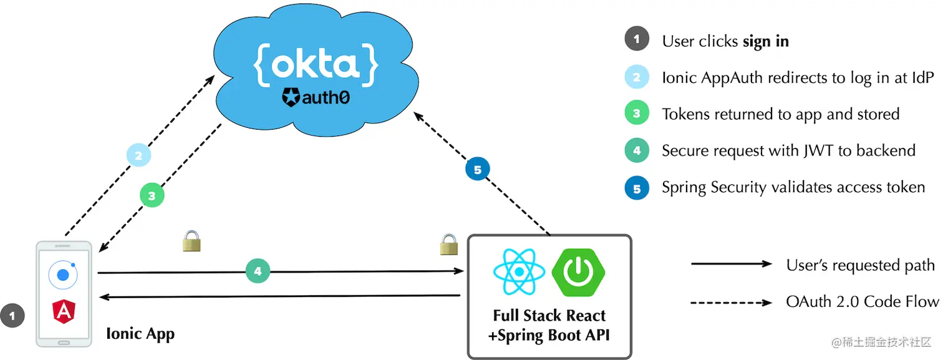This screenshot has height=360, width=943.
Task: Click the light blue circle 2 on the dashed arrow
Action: click(x=138, y=155)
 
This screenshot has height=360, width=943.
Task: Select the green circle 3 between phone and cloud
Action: click(x=152, y=195)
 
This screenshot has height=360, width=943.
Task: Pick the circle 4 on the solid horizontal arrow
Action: click(x=258, y=271)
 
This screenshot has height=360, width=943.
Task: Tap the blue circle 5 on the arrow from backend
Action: click(x=478, y=169)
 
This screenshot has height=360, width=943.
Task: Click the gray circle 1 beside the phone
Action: click(x=12, y=315)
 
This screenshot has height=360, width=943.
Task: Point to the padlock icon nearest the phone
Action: click(x=191, y=241)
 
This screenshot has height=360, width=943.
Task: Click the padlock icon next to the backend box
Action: click(x=449, y=244)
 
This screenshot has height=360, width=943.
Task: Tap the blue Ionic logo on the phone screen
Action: click(x=64, y=275)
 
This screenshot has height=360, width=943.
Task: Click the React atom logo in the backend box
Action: click(x=519, y=272)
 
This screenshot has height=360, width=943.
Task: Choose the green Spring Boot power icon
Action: click(x=579, y=272)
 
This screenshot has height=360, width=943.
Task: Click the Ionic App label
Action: click(x=140, y=333)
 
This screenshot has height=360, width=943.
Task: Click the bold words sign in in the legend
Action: click(x=765, y=41)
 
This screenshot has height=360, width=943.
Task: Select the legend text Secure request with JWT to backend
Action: click(x=788, y=150)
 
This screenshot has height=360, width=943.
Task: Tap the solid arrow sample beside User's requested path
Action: click(x=731, y=265)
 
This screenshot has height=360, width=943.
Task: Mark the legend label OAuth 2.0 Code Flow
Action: click(x=862, y=302)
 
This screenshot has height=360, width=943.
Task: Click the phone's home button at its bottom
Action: click(x=64, y=343)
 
